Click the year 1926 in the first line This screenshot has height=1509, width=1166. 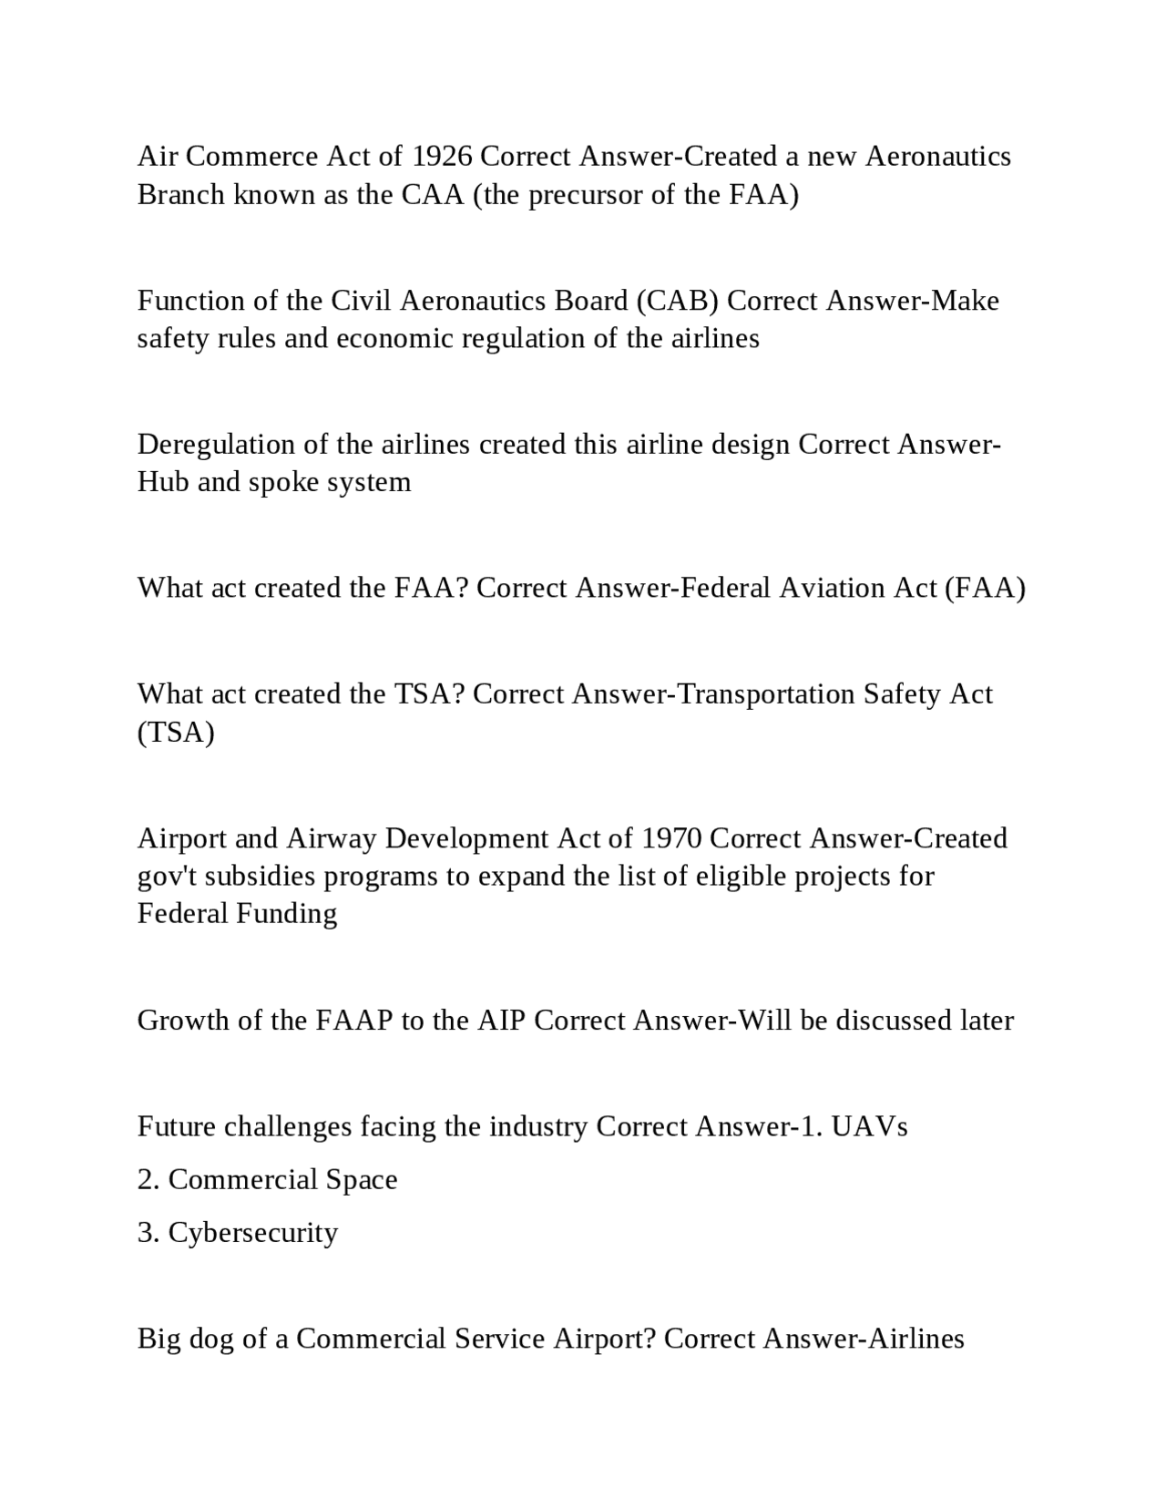tap(442, 157)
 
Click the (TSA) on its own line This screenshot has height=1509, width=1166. tap(176, 733)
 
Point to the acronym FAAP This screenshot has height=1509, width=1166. tap(354, 1021)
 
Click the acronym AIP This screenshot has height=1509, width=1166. tap(501, 1021)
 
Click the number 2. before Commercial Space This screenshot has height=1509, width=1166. tap(148, 1180)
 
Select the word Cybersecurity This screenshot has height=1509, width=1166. tap(253, 1233)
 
